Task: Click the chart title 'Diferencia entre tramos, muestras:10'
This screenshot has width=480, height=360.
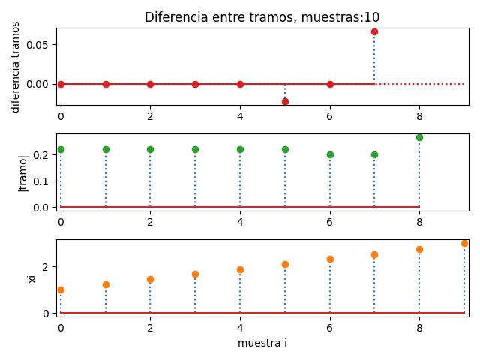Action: (262, 17)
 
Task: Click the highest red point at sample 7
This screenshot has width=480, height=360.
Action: (374, 31)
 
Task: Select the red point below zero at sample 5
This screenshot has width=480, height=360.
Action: (285, 101)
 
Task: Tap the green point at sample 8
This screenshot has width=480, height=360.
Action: (419, 137)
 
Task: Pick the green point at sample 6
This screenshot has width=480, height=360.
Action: (330, 154)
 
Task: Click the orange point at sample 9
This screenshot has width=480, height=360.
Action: (464, 243)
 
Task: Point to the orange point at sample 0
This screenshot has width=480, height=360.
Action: (61, 289)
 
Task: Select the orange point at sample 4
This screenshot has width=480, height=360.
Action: (240, 269)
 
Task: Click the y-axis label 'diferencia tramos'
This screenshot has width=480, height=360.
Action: (16, 67)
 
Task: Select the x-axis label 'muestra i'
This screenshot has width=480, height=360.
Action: (262, 343)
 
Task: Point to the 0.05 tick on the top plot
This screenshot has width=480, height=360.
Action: (39, 45)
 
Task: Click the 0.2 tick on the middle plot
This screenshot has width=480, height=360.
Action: (42, 154)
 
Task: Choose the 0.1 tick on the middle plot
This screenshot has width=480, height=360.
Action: (42, 181)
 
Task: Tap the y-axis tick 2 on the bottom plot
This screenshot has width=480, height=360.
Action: (45, 267)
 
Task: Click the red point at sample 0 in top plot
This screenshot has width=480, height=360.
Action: (61, 84)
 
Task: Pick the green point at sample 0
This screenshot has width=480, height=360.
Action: (61, 149)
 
